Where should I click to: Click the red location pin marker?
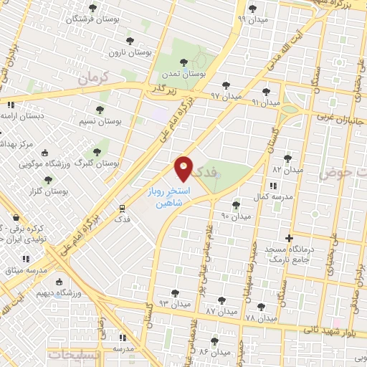click(x=184, y=168)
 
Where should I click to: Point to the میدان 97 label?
click(x=216, y=95)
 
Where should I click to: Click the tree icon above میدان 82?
click(x=287, y=158)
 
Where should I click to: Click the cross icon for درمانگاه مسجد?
click(x=289, y=237)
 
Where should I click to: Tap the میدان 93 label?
click(x=174, y=304)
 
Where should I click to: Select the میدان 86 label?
click(x=214, y=352)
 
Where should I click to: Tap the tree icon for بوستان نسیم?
click(x=100, y=110)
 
